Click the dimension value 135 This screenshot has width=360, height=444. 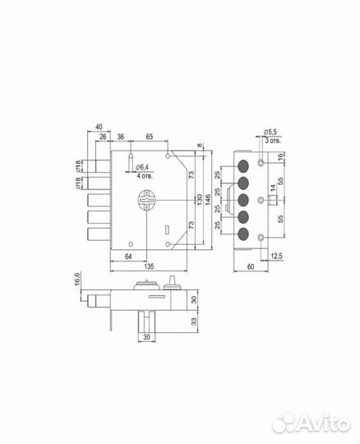click(x=149, y=266)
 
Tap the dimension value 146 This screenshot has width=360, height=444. click(x=207, y=200)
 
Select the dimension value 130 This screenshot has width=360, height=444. click(x=200, y=200)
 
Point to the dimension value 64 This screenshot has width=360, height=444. click(x=128, y=257)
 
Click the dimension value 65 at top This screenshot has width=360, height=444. click(x=149, y=136)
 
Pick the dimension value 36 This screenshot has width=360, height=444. click(x=120, y=136)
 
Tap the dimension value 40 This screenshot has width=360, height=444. click(x=99, y=127)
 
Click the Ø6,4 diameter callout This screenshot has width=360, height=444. click(x=142, y=168)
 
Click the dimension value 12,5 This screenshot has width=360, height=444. click(x=276, y=257)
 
